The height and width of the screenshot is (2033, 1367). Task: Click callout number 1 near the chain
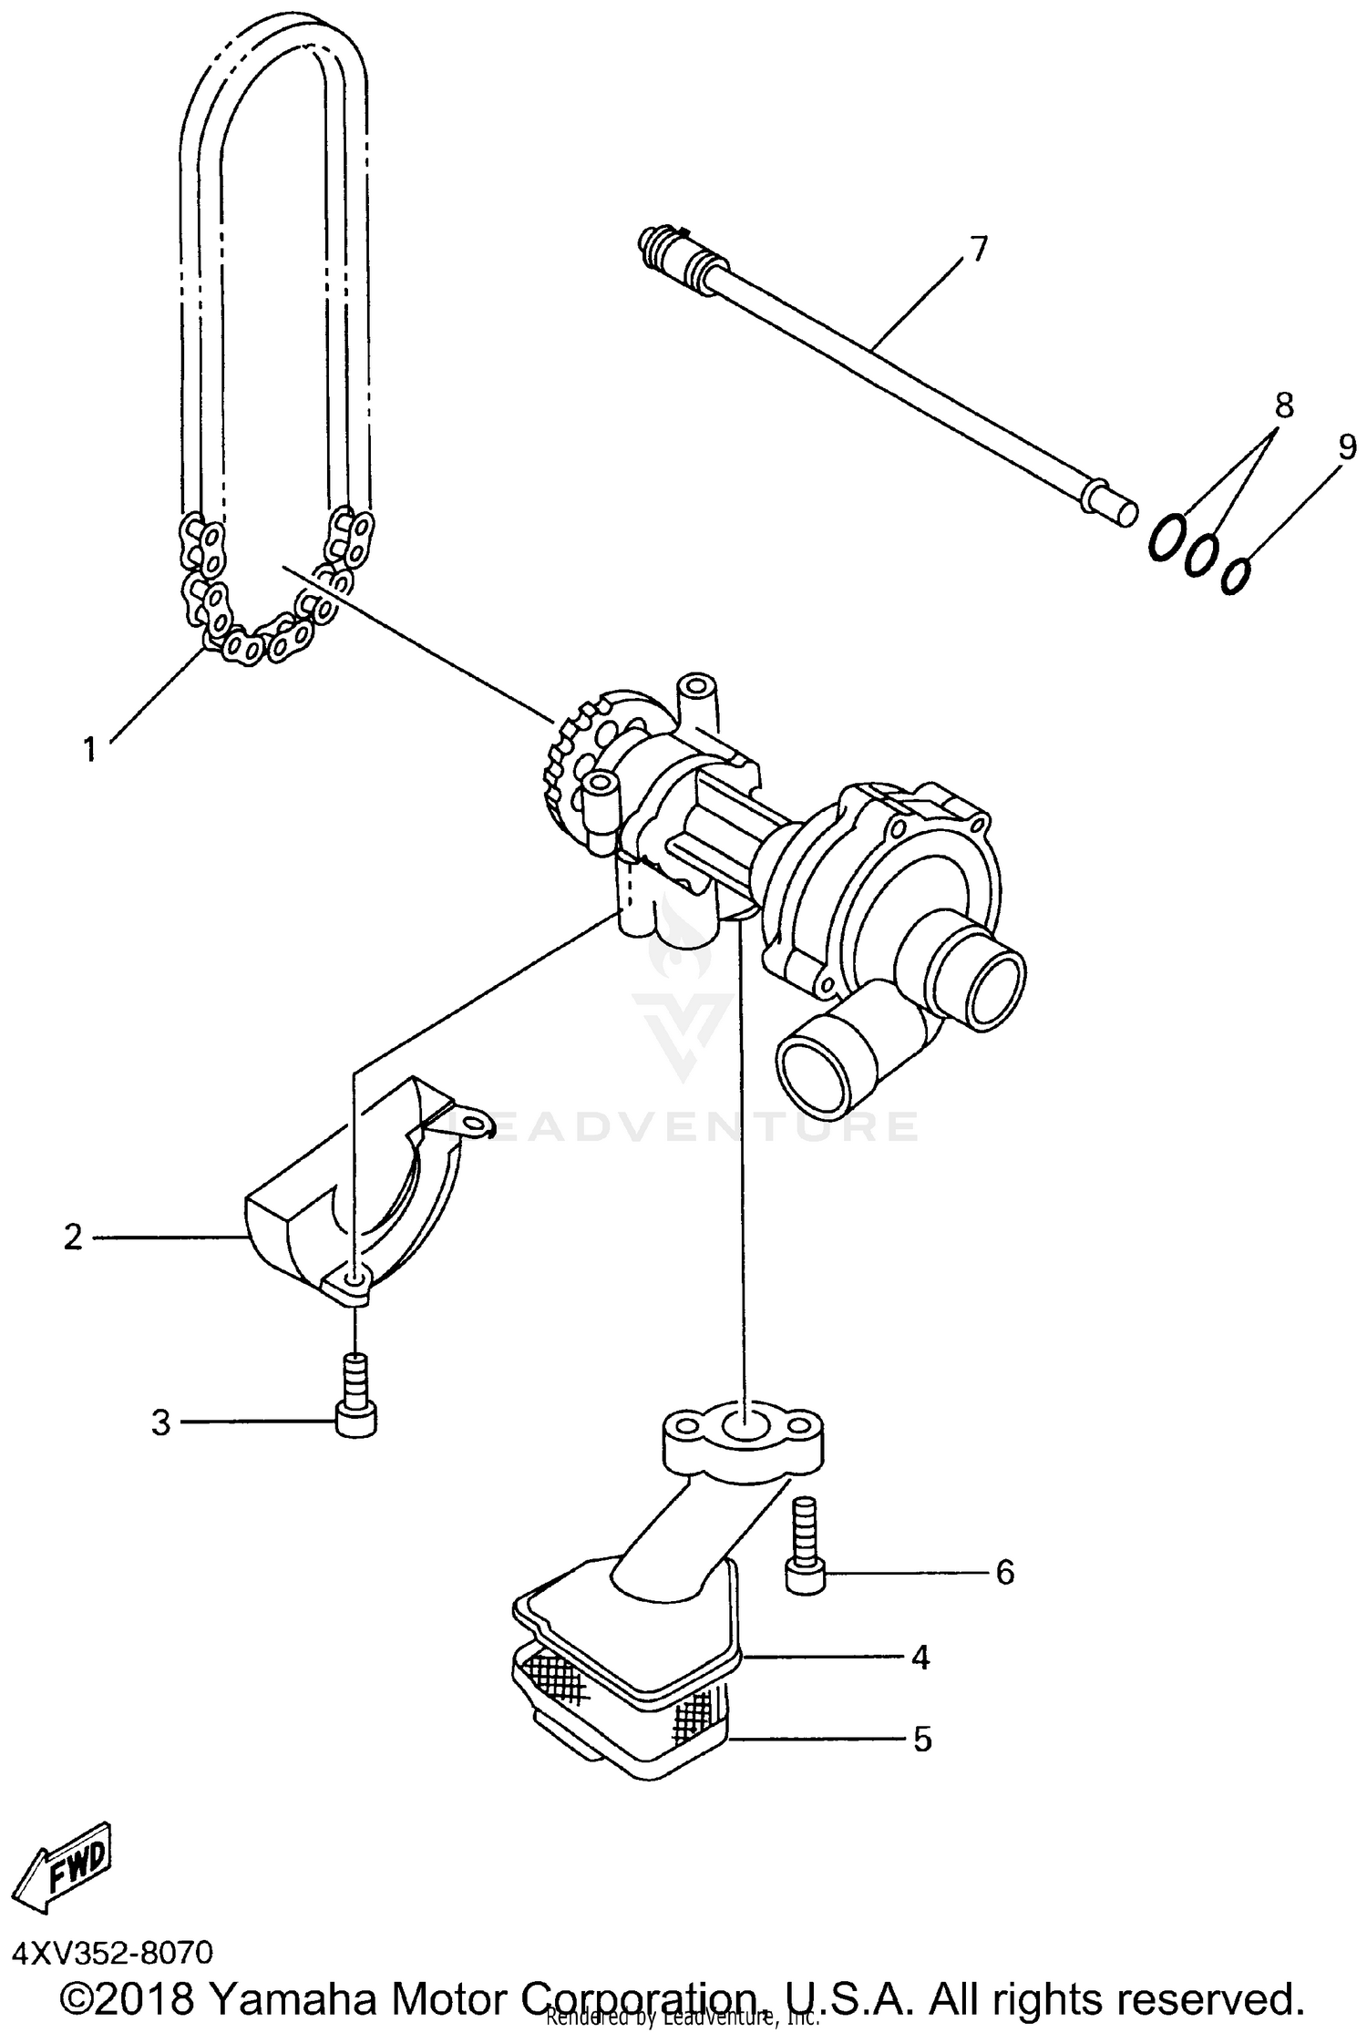click(89, 750)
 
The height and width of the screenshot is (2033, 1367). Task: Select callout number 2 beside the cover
click(73, 1237)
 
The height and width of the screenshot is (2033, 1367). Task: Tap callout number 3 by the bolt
click(160, 1422)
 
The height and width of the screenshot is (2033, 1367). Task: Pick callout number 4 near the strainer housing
click(920, 1658)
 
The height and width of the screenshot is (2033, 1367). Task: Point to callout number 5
click(922, 1740)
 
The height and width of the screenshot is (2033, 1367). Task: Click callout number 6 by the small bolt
click(1004, 1572)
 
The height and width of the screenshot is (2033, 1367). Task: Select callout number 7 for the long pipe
click(977, 248)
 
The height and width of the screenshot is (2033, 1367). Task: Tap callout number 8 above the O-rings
click(1283, 405)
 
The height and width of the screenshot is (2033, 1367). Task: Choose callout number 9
click(1347, 447)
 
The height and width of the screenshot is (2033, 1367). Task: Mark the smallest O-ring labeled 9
click(1235, 576)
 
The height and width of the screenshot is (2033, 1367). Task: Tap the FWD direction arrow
click(67, 1863)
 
